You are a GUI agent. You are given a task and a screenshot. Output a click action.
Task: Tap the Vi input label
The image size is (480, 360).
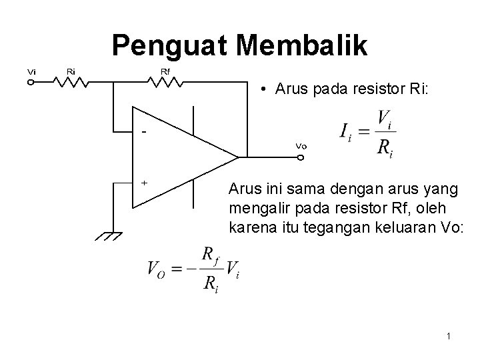31,71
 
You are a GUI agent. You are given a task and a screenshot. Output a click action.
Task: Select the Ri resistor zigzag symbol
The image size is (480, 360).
71,83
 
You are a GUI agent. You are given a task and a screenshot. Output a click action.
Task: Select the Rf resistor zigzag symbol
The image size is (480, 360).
165,83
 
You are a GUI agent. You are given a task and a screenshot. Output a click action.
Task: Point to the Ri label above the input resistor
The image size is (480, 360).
71,71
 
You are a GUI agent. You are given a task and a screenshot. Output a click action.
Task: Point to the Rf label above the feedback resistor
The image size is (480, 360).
165,71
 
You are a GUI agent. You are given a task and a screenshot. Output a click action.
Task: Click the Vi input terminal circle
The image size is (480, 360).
31,83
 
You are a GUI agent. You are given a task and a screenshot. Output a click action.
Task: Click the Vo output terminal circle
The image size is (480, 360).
301,159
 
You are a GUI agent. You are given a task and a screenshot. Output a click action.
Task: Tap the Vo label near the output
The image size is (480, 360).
301,146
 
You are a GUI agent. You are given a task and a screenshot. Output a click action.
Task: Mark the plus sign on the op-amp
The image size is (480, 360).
144,182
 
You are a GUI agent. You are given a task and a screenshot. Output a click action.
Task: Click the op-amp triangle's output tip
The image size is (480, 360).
238,158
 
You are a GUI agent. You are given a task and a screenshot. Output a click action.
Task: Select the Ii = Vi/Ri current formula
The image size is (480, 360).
367,133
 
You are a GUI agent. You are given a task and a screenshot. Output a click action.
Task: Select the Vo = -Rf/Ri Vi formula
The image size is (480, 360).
193,269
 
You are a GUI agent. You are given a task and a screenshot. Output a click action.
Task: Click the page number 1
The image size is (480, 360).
449,337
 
